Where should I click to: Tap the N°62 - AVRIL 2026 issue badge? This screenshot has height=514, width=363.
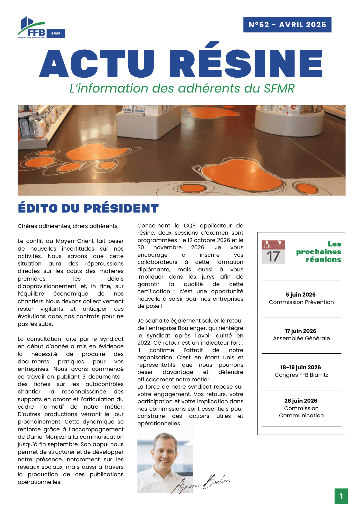point(287,25)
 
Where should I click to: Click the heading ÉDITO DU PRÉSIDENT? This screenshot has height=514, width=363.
point(88,208)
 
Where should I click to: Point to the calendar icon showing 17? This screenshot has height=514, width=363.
point(273,252)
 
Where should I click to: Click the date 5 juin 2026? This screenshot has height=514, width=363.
point(301,295)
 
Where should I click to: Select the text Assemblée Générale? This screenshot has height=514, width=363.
point(301,338)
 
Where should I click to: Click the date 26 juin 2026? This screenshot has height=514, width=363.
point(301,401)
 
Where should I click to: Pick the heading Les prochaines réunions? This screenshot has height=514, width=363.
point(319,252)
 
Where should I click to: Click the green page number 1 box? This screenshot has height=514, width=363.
point(341,496)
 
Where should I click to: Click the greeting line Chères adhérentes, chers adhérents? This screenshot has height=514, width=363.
point(68,226)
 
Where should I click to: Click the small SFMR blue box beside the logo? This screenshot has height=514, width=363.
point(56,34)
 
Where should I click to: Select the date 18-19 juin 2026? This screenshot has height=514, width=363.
point(301,368)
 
